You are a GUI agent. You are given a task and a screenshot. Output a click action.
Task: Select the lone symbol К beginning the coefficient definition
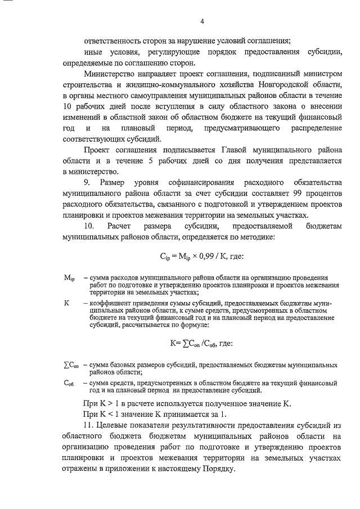(67, 303)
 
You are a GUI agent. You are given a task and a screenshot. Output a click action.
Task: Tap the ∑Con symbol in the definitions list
(71, 365)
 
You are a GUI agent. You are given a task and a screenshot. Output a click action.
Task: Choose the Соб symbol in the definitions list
(69, 382)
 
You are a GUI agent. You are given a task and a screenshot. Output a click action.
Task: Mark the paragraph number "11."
(91, 426)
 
